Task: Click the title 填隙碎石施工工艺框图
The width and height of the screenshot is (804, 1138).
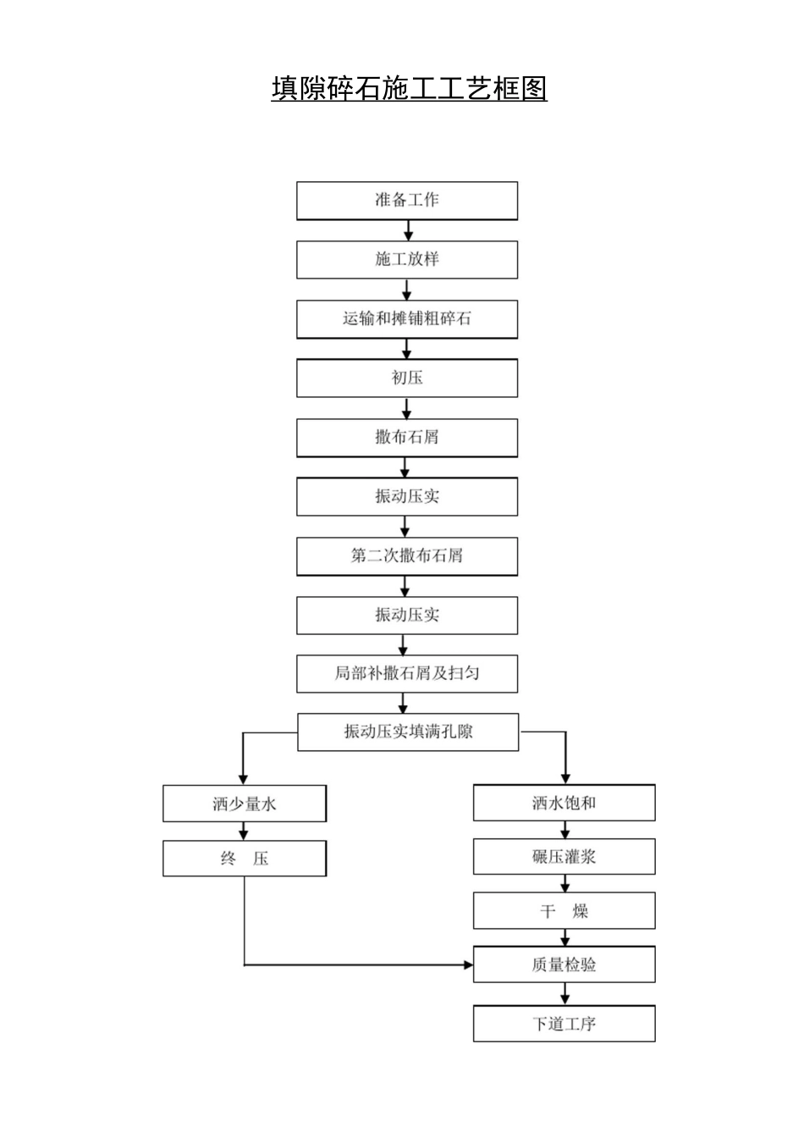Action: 409,88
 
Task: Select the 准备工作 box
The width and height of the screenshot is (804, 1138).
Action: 406,201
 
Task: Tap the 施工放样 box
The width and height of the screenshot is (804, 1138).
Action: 406,260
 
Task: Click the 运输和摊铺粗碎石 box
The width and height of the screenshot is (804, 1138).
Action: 406,319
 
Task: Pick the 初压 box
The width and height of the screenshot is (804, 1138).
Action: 406,378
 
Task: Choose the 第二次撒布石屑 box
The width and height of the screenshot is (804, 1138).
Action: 406,556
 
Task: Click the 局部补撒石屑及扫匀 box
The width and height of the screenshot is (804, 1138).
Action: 406,674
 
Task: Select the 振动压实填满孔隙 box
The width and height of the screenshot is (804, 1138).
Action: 407,732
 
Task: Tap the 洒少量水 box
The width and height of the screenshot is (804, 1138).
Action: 244,804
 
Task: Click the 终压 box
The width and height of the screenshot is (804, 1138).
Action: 244,859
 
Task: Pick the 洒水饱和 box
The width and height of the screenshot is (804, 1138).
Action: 564,803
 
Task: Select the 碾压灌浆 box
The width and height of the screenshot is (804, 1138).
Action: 564,857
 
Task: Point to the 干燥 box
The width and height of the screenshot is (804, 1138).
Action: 564,911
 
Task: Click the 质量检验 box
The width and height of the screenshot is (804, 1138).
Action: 564,964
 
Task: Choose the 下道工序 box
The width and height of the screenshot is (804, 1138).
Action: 564,1024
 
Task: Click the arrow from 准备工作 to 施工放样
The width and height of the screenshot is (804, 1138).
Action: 408,230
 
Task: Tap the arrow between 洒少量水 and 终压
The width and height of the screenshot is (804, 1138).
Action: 244,831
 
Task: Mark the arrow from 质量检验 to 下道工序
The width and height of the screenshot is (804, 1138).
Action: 564,994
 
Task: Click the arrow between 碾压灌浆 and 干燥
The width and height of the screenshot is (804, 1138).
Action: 564,884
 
